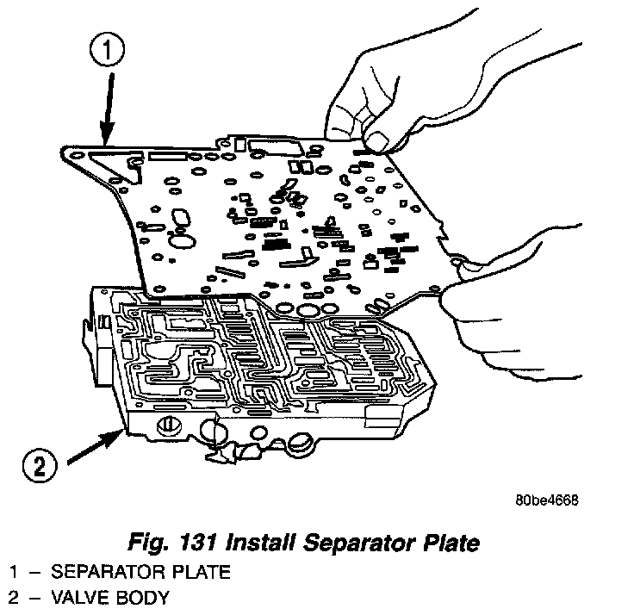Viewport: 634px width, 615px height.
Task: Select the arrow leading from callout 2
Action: click(95, 444)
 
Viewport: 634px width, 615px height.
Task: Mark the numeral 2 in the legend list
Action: click(14, 597)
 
